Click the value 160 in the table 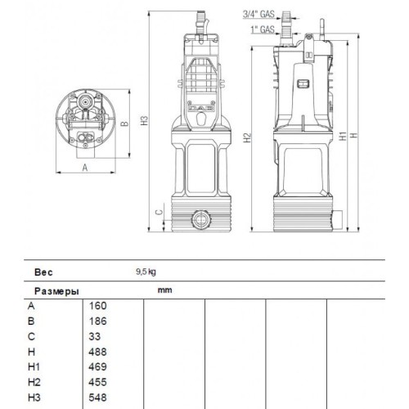(x=97, y=305)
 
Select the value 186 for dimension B (x=97, y=321)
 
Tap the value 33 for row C (x=95, y=336)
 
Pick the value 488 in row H (x=97, y=351)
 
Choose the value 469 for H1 (x=97, y=366)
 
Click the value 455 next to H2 (x=97, y=381)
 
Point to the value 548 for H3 (x=97, y=397)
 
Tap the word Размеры (x=56, y=290)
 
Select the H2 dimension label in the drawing (x=247, y=137)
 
